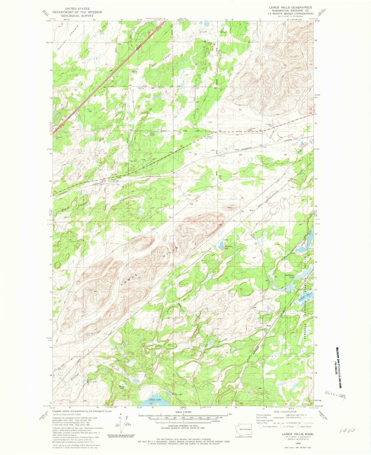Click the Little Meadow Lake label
coord(92,381)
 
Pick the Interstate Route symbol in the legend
coord(262,426)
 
